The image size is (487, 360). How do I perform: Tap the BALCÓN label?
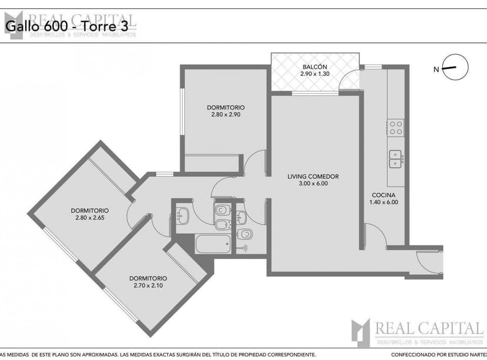[315, 66]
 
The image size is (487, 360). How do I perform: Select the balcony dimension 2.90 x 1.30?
[315, 74]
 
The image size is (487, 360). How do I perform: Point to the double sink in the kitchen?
[396, 159]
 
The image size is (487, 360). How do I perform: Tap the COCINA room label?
[383, 195]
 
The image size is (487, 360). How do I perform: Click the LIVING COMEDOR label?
[313, 176]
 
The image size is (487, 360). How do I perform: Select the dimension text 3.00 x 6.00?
[313, 184]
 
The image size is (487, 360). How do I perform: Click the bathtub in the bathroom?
[212, 244]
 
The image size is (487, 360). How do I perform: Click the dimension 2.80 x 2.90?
[226, 115]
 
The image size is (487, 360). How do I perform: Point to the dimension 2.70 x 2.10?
[148, 286]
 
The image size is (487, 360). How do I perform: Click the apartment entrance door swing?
[428, 262]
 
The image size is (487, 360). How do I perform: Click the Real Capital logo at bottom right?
[417, 332]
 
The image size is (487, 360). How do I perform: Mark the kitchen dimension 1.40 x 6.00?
[383, 202]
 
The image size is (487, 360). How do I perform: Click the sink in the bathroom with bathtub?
[183, 216]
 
